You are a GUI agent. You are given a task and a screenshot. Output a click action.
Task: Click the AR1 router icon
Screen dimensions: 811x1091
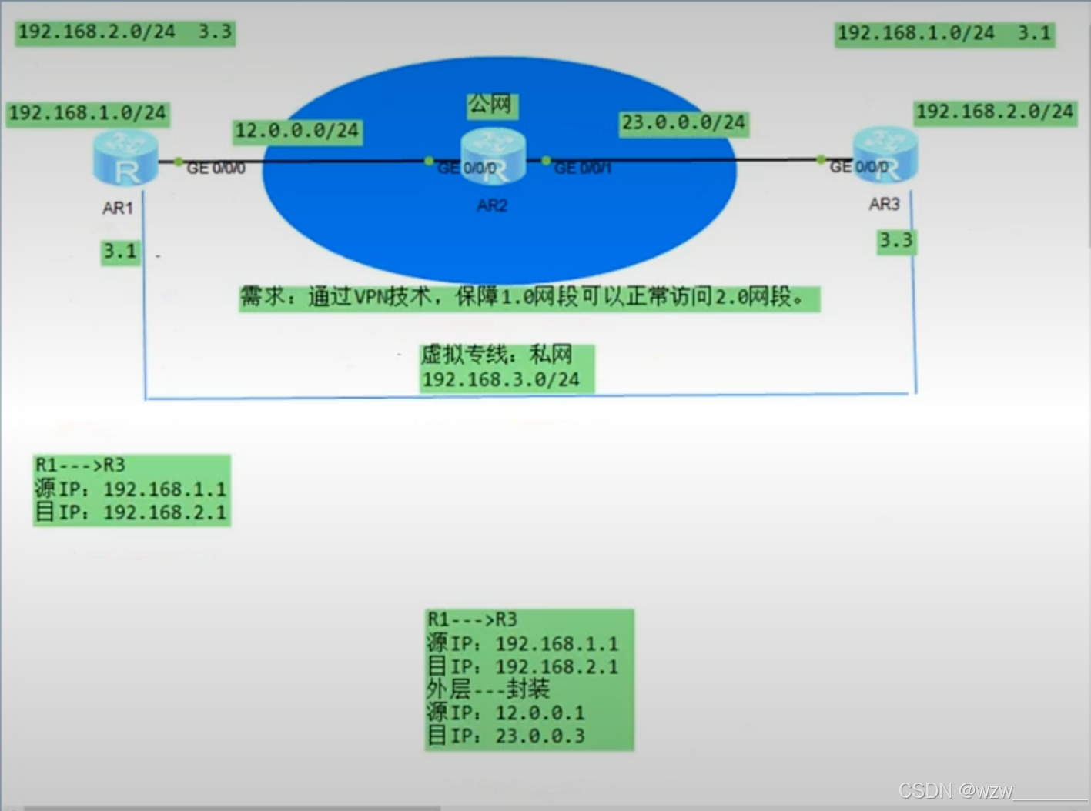pyautogui.click(x=125, y=159)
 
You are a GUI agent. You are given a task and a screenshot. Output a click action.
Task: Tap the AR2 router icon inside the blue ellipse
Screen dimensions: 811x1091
pyautogui.click(x=493, y=156)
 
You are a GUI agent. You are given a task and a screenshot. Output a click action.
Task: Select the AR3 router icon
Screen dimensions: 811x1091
pyautogui.click(x=885, y=155)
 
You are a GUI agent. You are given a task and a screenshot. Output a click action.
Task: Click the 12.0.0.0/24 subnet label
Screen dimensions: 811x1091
pyautogui.click(x=297, y=131)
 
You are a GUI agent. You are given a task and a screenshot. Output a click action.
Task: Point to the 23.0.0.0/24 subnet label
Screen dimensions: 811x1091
pyautogui.click(x=684, y=123)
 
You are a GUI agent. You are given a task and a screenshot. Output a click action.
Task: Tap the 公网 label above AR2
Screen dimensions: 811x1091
pyautogui.click(x=491, y=104)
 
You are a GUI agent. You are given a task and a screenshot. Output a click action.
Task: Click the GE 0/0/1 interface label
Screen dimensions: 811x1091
pyautogui.click(x=583, y=168)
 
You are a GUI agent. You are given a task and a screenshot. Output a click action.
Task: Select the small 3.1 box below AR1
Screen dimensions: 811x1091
pyautogui.click(x=120, y=252)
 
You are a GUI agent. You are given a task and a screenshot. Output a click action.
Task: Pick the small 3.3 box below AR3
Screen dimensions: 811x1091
pyautogui.click(x=896, y=241)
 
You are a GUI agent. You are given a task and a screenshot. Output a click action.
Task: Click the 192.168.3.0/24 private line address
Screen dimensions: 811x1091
pyautogui.click(x=501, y=379)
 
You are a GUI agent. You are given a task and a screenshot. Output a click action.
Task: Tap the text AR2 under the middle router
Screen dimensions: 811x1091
pyautogui.click(x=492, y=205)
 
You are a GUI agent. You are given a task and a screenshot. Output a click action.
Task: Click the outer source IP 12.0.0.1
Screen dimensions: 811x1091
pyautogui.click(x=540, y=713)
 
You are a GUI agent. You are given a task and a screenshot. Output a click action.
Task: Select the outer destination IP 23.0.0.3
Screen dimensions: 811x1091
pyautogui.click(x=540, y=736)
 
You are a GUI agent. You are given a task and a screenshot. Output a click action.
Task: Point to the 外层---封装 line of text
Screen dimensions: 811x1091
pyautogui.click(x=488, y=689)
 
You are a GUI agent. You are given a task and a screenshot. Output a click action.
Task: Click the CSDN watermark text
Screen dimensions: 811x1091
pyautogui.click(x=955, y=791)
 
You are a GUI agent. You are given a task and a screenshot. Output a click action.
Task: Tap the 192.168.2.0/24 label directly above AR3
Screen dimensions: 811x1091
pyautogui.click(x=995, y=112)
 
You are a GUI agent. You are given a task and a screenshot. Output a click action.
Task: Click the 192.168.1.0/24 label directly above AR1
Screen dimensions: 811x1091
pyautogui.click(x=88, y=114)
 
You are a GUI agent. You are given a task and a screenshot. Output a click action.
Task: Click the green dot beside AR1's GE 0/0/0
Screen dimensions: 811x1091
pyautogui.click(x=179, y=162)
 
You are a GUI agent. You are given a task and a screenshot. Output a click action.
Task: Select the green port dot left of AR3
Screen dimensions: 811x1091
pyautogui.click(x=822, y=160)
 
